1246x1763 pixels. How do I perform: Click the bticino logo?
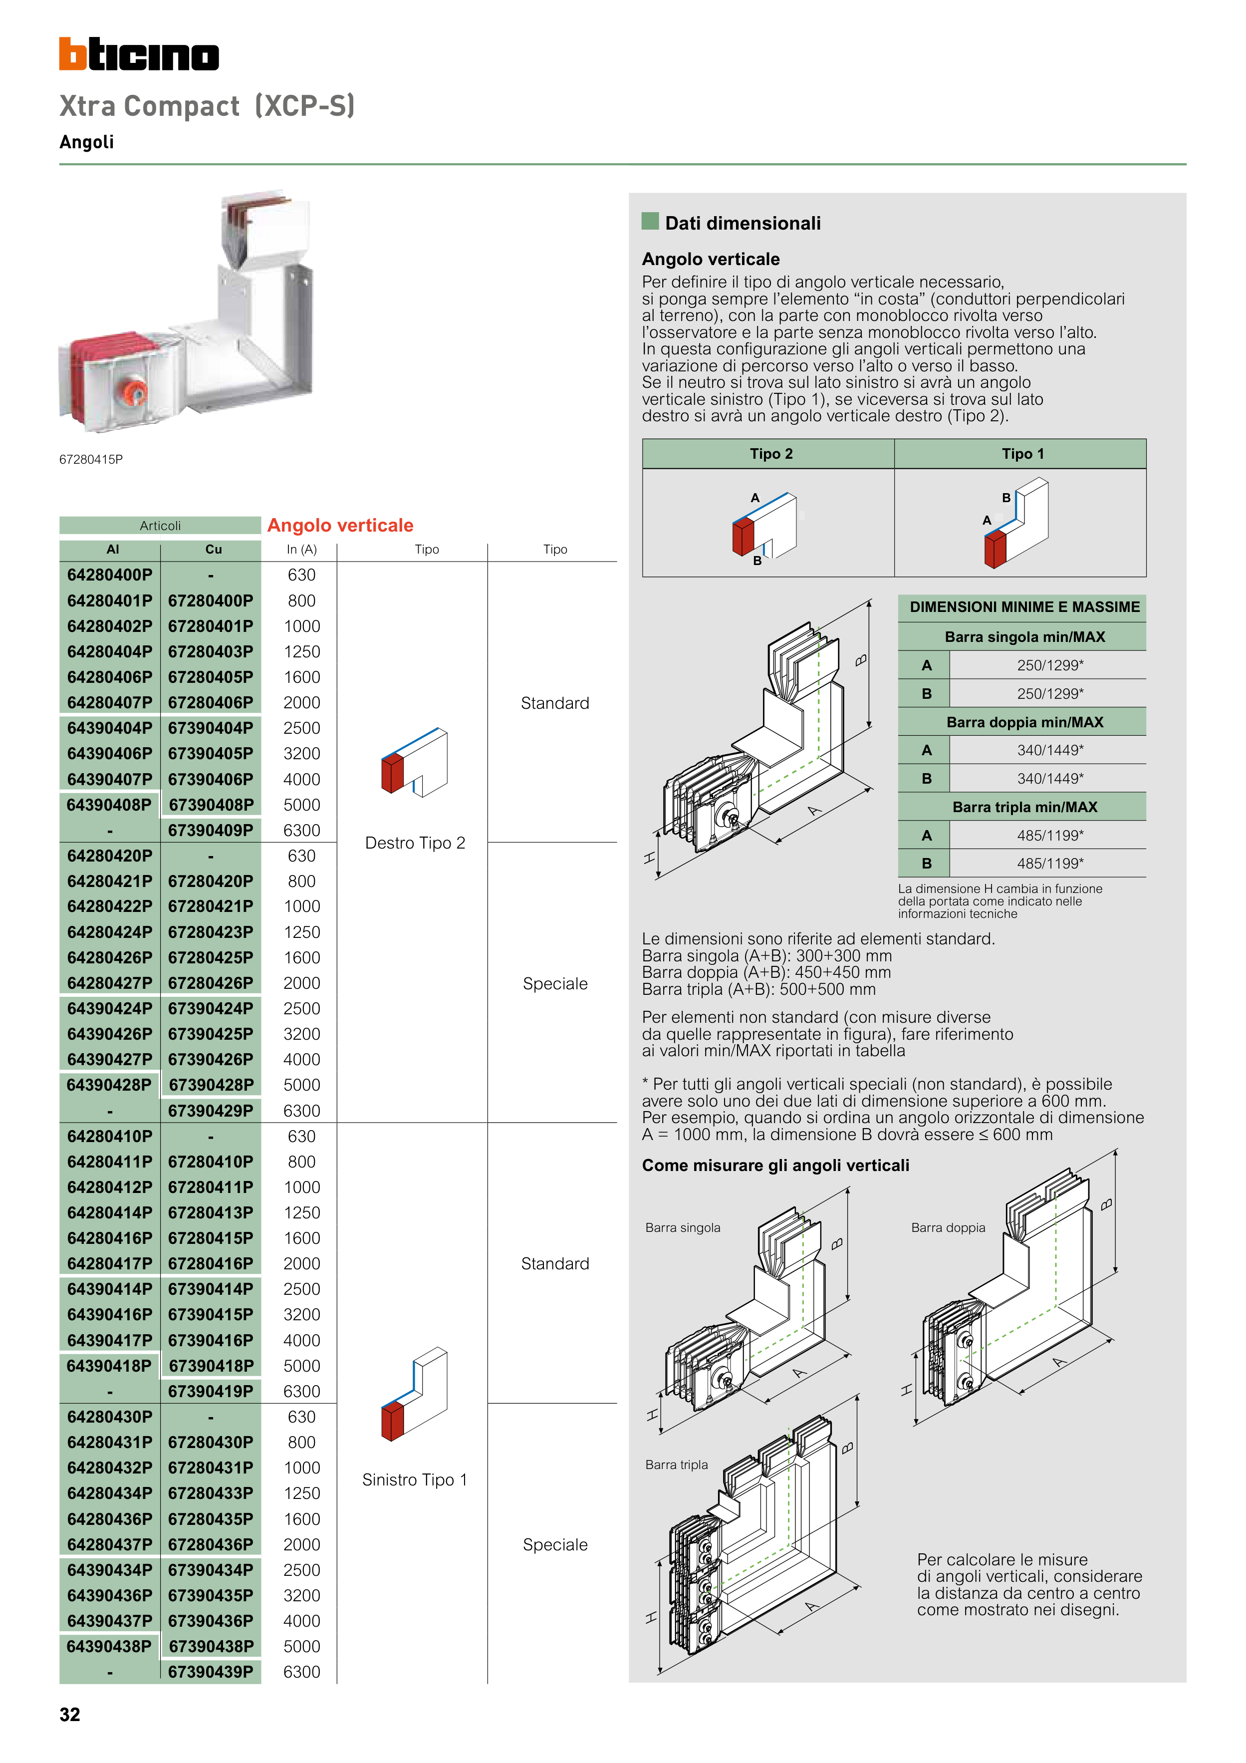[x=139, y=54]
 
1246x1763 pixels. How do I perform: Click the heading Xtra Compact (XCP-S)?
[x=207, y=106]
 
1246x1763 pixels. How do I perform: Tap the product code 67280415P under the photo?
[x=91, y=459]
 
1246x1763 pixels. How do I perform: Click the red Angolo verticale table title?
[x=340, y=525]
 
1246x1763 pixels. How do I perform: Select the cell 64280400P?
[x=110, y=575]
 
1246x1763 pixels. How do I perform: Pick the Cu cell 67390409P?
[x=211, y=830]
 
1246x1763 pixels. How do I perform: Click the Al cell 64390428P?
[x=110, y=1085]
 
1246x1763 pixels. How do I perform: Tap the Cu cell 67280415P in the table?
[x=211, y=1238]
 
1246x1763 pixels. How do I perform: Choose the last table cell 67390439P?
[x=211, y=1672]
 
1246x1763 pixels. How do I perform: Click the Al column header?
[x=113, y=550]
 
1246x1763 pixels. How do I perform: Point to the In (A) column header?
[x=302, y=550]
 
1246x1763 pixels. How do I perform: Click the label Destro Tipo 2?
[x=415, y=843]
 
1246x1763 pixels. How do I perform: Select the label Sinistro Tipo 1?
[x=415, y=1479]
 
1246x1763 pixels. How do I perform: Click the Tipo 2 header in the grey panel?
[x=771, y=454]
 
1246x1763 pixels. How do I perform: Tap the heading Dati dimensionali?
[x=743, y=224]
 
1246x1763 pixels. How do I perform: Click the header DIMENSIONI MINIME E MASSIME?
[x=1024, y=606]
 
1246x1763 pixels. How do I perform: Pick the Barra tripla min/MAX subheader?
[x=1024, y=807]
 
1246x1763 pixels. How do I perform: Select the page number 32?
[x=70, y=1715]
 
